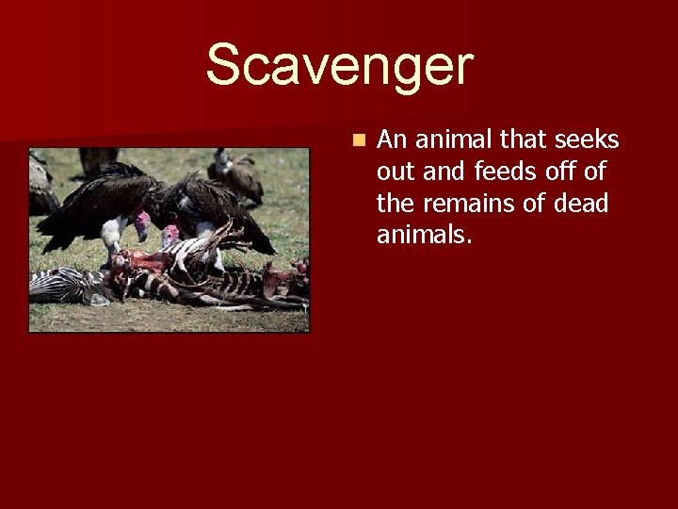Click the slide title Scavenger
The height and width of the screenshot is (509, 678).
(339, 66)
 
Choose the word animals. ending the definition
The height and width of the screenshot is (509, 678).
(424, 234)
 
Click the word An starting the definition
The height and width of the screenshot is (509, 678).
(391, 140)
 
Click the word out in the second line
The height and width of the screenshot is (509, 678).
(395, 172)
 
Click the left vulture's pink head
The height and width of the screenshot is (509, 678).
(141, 224)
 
